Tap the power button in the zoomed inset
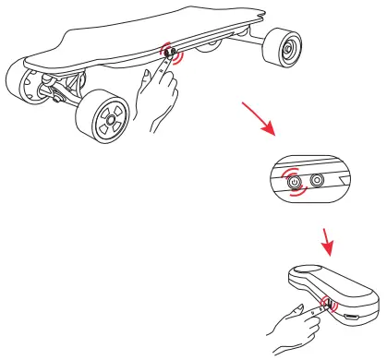coord(295,181)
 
